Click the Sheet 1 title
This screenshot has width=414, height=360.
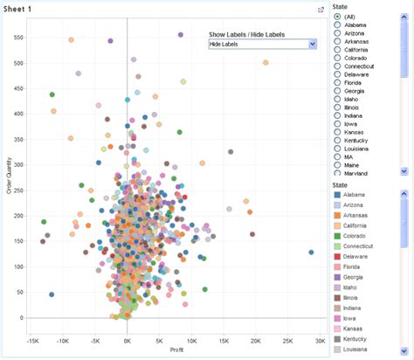[x=20, y=10]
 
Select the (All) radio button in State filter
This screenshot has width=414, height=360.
[x=338, y=17]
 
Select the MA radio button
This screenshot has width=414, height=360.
[x=338, y=156]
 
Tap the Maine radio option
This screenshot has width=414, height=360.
[x=338, y=166]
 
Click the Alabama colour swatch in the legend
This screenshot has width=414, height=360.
[x=338, y=194]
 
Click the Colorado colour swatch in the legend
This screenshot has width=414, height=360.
[x=338, y=236]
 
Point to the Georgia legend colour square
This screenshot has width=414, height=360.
[x=338, y=278]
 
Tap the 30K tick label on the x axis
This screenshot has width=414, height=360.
[x=320, y=341]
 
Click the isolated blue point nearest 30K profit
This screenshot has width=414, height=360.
[x=311, y=252]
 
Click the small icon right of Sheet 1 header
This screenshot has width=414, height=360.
[x=321, y=10]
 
